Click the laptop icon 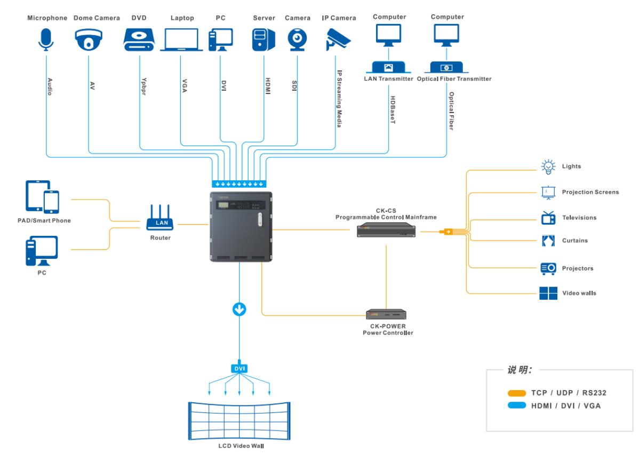[181, 40]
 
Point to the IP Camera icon [338, 38]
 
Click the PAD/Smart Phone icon [42, 196]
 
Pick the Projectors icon [548, 268]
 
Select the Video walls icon [548, 293]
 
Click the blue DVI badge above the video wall [239, 368]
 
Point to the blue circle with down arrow [239, 309]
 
